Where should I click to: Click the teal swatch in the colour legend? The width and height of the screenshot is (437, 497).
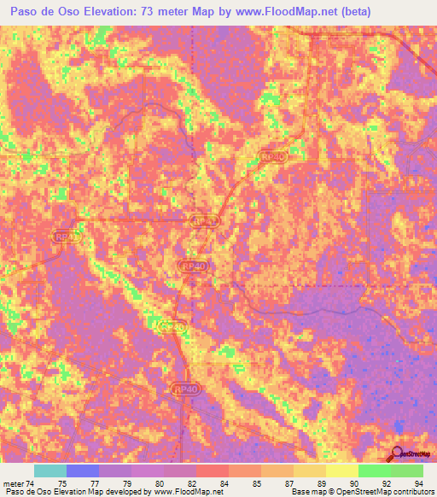(50, 471)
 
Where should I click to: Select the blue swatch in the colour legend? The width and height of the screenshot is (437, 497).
(83, 471)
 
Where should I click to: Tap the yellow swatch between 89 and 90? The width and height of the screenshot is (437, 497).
(341, 471)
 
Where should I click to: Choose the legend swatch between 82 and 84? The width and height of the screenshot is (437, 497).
(213, 471)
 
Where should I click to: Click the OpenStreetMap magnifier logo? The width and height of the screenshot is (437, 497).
(398, 455)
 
